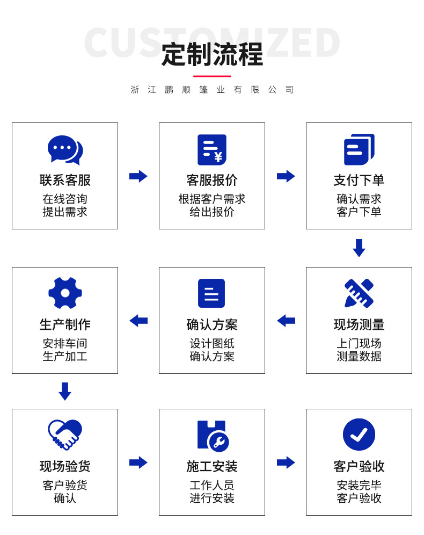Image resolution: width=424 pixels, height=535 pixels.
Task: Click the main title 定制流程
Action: (212, 54)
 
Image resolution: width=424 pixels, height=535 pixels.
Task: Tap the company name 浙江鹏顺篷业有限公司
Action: (212, 90)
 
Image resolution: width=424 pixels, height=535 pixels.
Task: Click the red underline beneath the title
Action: (212, 76)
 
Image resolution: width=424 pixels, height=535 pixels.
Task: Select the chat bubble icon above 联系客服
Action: (65, 150)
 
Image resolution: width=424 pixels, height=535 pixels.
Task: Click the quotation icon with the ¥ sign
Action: (212, 149)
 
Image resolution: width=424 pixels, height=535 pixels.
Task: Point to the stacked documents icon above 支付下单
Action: (359, 149)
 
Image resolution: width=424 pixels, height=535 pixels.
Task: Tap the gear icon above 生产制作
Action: (65, 293)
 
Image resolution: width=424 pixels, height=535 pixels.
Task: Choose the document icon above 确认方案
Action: (211, 293)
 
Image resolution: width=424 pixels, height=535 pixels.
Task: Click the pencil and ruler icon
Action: (359, 293)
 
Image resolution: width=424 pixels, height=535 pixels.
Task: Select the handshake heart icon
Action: (65, 435)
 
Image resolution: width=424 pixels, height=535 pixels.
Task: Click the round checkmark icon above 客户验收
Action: (359, 435)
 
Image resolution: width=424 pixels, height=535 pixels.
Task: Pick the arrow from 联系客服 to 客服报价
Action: (138, 176)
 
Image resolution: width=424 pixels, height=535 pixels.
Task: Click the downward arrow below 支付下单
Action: (359, 248)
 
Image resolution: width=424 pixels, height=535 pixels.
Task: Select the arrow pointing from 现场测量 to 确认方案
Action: (286, 321)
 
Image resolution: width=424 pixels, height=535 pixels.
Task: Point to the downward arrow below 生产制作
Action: (65, 391)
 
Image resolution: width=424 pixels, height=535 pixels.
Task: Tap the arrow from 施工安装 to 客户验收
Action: (286, 462)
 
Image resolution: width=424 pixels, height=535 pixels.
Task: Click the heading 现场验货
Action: (65, 466)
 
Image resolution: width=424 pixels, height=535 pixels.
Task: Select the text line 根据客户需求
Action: (212, 199)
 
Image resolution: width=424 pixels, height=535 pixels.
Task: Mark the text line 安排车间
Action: (65, 343)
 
